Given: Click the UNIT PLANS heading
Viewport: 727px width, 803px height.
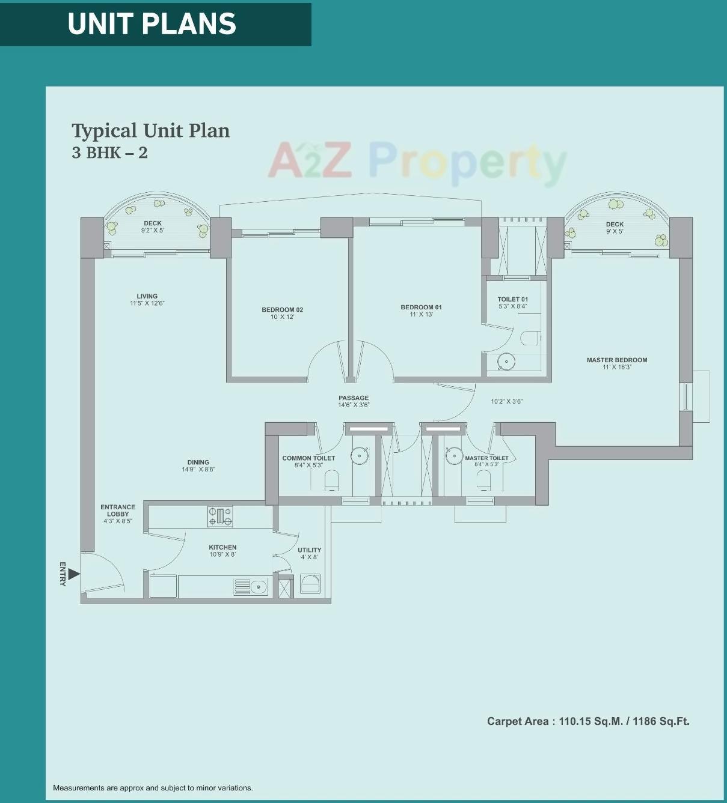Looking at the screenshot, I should (152, 24).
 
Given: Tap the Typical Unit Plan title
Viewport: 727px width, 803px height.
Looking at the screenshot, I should (150, 131).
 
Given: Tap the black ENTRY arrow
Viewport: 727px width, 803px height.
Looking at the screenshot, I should (73, 574).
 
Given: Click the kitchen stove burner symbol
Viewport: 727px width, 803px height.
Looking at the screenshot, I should (220, 517).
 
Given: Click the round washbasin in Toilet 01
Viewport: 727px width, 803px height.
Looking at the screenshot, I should (506, 362).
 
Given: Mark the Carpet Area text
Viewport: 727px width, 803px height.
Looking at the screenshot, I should (587, 721).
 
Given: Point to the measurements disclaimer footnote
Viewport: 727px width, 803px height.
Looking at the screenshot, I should (153, 788).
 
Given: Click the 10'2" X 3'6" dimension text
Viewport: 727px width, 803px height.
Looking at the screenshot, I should (506, 401).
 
